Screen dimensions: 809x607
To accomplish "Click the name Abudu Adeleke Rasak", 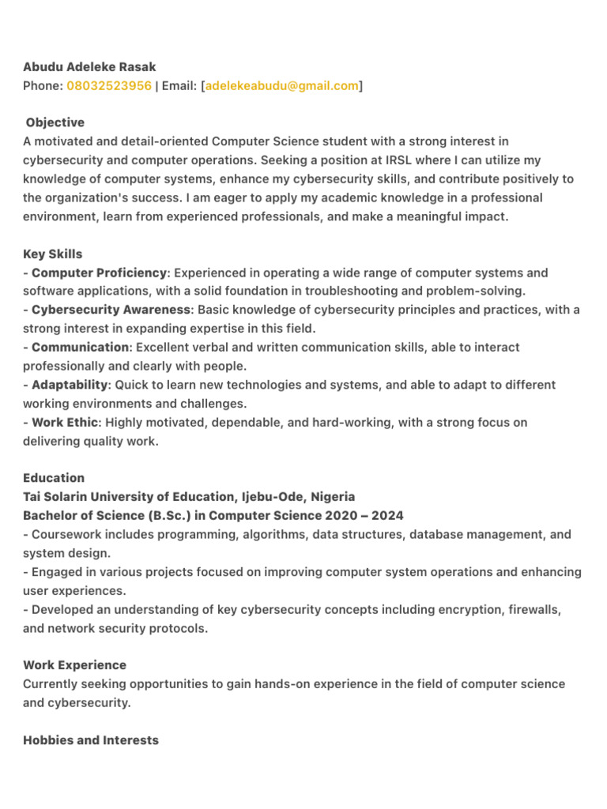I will click(89, 67).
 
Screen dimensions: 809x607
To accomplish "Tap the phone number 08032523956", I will click(109, 86).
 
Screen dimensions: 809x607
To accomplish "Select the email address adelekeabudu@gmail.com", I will click(282, 86).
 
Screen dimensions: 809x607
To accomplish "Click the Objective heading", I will click(55, 122).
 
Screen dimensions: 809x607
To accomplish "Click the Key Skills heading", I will click(53, 254).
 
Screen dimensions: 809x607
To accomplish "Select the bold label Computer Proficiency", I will click(100, 273).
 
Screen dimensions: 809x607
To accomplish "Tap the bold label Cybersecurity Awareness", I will click(111, 310).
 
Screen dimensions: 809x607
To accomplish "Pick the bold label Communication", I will click(80, 348).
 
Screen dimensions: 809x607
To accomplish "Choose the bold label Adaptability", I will click(70, 385).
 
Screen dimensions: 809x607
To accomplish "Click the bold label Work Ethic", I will click(65, 423).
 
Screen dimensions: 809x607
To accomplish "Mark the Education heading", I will click(54, 478).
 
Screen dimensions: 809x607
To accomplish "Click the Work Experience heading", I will click(74, 665).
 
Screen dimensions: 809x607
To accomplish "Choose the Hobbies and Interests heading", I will click(91, 740).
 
